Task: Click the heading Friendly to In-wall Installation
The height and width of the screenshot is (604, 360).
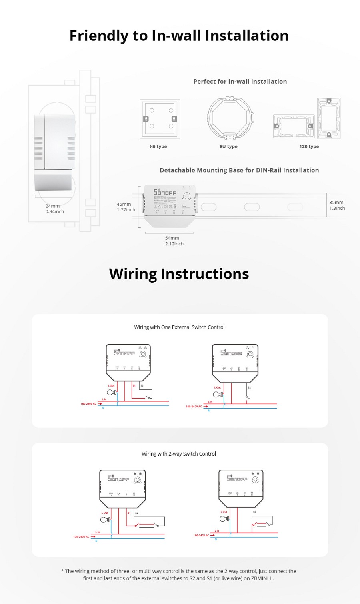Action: (179, 36)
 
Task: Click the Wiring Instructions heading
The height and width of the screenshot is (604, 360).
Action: (179, 274)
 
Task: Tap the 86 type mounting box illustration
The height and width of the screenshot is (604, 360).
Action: (160, 119)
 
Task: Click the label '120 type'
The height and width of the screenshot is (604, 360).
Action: (309, 146)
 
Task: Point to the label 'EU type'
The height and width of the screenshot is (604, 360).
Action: (228, 146)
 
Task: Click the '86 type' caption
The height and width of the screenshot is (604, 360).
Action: (158, 146)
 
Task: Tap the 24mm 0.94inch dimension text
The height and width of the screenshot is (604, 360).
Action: (54, 209)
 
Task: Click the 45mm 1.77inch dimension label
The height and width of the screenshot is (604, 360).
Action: (126, 207)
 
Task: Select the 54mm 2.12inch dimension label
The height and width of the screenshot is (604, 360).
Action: (174, 241)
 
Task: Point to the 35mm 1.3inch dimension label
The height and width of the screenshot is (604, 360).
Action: (337, 205)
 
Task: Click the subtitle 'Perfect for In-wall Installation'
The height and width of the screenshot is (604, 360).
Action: (240, 82)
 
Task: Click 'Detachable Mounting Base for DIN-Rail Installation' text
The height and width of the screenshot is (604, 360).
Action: (239, 170)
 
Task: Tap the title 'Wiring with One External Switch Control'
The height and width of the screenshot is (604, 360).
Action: (179, 327)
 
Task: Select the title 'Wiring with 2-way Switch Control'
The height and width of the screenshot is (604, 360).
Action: (179, 454)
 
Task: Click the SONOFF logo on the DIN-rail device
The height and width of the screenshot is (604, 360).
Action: (165, 192)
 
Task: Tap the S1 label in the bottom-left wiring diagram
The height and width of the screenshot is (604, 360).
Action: (129, 512)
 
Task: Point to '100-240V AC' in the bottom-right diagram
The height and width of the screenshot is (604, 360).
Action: (201, 535)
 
